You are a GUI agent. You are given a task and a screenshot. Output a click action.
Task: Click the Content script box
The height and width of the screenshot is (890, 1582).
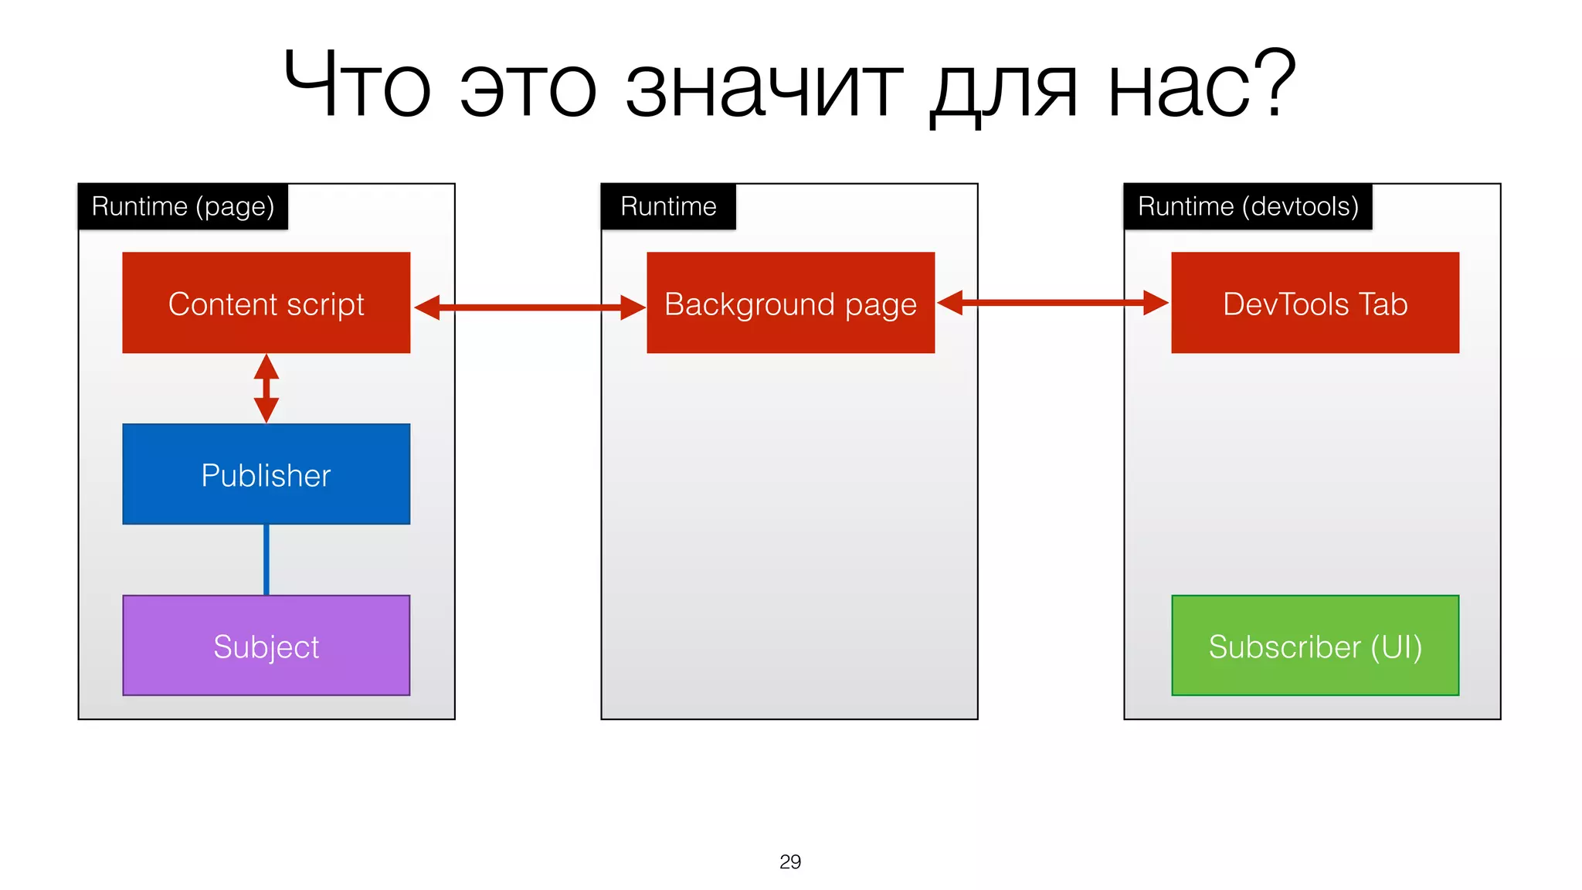tap(266, 303)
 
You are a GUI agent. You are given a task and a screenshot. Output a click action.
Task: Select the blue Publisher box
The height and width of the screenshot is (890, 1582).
tap(266, 474)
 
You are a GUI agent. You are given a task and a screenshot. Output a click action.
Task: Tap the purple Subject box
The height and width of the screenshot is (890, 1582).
tap(266, 646)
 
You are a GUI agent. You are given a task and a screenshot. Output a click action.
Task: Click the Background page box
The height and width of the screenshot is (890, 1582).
tap(790, 303)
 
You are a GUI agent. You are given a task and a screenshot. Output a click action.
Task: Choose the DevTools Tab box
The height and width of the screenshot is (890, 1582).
tap(1315, 303)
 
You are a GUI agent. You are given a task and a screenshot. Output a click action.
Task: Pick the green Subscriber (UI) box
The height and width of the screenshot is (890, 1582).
tap(1315, 646)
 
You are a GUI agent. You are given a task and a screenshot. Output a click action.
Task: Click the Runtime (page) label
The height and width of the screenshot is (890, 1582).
tap(183, 207)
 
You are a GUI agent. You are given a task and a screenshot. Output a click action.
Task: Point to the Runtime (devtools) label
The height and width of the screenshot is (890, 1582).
tap(1248, 207)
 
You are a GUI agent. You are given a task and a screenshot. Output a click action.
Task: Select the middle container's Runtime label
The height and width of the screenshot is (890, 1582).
tap(668, 207)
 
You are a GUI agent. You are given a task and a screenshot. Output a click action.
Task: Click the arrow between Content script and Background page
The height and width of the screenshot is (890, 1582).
tap(529, 307)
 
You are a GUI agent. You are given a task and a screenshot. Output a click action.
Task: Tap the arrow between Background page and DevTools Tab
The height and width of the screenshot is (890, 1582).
tap(1052, 303)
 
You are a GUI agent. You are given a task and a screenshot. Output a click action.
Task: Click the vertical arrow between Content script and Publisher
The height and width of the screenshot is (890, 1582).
tap(266, 389)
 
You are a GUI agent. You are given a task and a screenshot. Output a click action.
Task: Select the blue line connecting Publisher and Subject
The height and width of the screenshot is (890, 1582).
tap(266, 559)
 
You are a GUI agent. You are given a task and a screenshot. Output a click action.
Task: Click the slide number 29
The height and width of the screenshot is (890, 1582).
tap(790, 861)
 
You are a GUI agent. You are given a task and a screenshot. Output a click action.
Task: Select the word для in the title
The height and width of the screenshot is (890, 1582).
tap(1003, 90)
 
